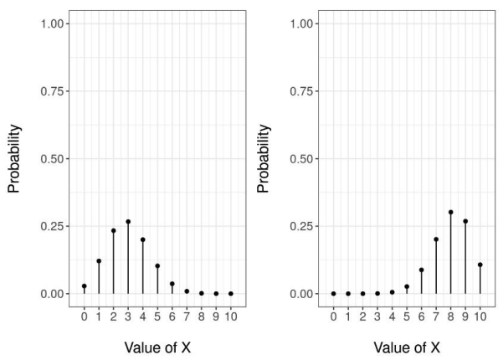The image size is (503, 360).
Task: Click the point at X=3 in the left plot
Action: tap(128, 222)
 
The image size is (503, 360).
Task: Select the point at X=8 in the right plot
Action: tap(450, 212)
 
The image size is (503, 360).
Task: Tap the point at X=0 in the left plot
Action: tap(84, 286)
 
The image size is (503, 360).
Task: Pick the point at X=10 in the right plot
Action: tap(480, 265)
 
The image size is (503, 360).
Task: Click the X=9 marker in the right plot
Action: tap(465, 222)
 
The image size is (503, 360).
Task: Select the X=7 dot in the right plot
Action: tap(436, 239)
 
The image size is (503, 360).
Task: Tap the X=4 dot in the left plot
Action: tap(142, 239)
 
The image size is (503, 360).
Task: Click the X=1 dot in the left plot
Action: tap(99, 261)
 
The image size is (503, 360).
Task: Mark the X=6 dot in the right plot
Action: tap(421, 270)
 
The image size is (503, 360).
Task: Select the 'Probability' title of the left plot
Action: tap(14, 159)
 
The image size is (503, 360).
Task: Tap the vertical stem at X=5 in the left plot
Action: tap(157, 280)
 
